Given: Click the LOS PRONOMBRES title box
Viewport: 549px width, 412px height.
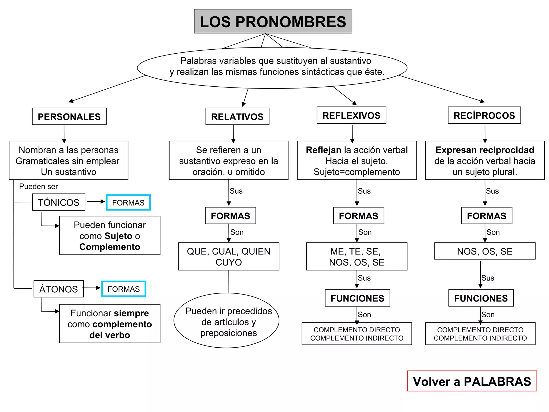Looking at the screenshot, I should pyautogui.click(x=273, y=21).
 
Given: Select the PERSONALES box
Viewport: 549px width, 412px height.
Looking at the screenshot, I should pyautogui.click(x=69, y=116).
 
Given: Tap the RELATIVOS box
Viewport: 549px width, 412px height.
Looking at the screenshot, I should pyautogui.click(x=237, y=116).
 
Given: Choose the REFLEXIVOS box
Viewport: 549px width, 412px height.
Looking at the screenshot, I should pyautogui.click(x=351, y=115).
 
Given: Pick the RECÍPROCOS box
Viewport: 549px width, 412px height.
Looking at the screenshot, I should pyautogui.click(x=484, y=115).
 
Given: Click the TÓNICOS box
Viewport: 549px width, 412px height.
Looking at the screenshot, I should pyautogui.click(x=59, y=202).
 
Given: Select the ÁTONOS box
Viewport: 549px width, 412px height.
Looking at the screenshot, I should pyautogui.click(x=58, y=289).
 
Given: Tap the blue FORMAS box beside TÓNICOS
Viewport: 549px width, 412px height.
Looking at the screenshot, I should pyautogui.click(x=128, y=203).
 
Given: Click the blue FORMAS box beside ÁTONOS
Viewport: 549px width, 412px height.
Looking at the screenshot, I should pyautogui.click(x=124, y=289).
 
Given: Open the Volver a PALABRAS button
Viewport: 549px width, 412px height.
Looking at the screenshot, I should pyautogui.click(x=472, y=381).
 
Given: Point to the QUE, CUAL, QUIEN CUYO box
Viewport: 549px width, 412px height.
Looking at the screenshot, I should pyautogui.click(x=228, y=256).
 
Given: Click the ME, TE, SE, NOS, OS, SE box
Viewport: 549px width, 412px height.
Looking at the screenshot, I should pyautogui.click(x=357, y=256).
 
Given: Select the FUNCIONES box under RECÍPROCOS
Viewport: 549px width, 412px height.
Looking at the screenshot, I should pyautogui.click(x=481, y=298).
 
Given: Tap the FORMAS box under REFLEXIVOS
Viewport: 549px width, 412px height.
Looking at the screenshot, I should pyautogui.click(x=358, y=216).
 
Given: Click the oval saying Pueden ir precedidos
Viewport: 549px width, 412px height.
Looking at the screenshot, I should pyautogui.click(x=227, y=321).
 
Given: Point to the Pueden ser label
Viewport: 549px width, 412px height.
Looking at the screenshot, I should pyautogui.click(x=38, y=186).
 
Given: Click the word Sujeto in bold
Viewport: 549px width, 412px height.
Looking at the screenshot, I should pyautogui.click(x=118, y=236).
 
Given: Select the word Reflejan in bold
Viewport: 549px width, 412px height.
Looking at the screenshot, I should pyautogui.click(x=324, y=150).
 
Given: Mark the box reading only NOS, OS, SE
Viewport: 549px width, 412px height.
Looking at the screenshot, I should pyautogui.click(x=485, y=251).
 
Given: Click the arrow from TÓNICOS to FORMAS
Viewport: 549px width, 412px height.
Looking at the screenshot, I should pyautogui.click(x=96, y=201).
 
